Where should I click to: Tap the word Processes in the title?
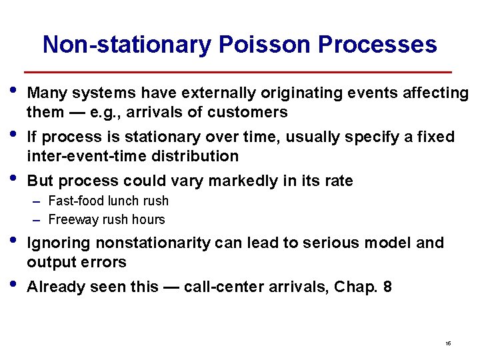tap(377, 45)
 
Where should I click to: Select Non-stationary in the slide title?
tap(127, 45)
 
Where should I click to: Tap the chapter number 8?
tap(387, 287)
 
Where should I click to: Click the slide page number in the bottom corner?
tap(448, 343)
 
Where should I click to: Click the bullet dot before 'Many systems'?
tap(15, 90)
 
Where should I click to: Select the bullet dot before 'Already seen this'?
tap(15, 284)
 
